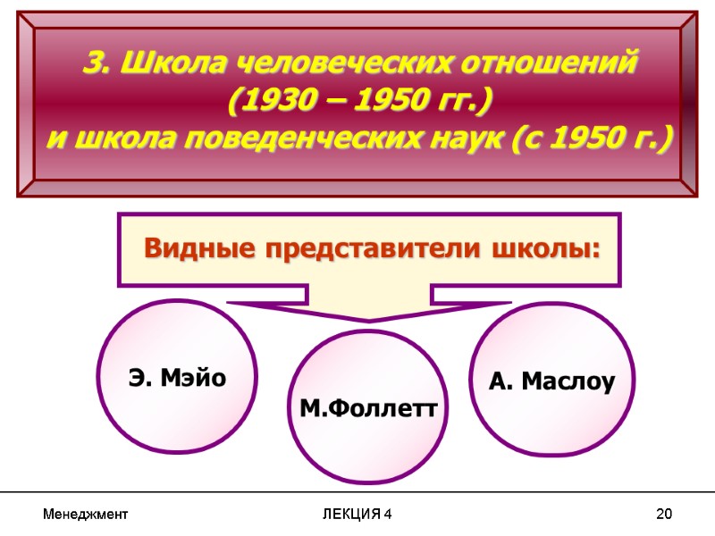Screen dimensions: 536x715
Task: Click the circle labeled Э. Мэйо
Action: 177,379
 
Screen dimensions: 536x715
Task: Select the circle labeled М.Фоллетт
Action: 368,407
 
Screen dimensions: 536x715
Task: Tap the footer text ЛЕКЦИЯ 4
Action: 357,515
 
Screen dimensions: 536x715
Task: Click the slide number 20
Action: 663,515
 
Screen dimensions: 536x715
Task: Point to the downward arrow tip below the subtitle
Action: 368,318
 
